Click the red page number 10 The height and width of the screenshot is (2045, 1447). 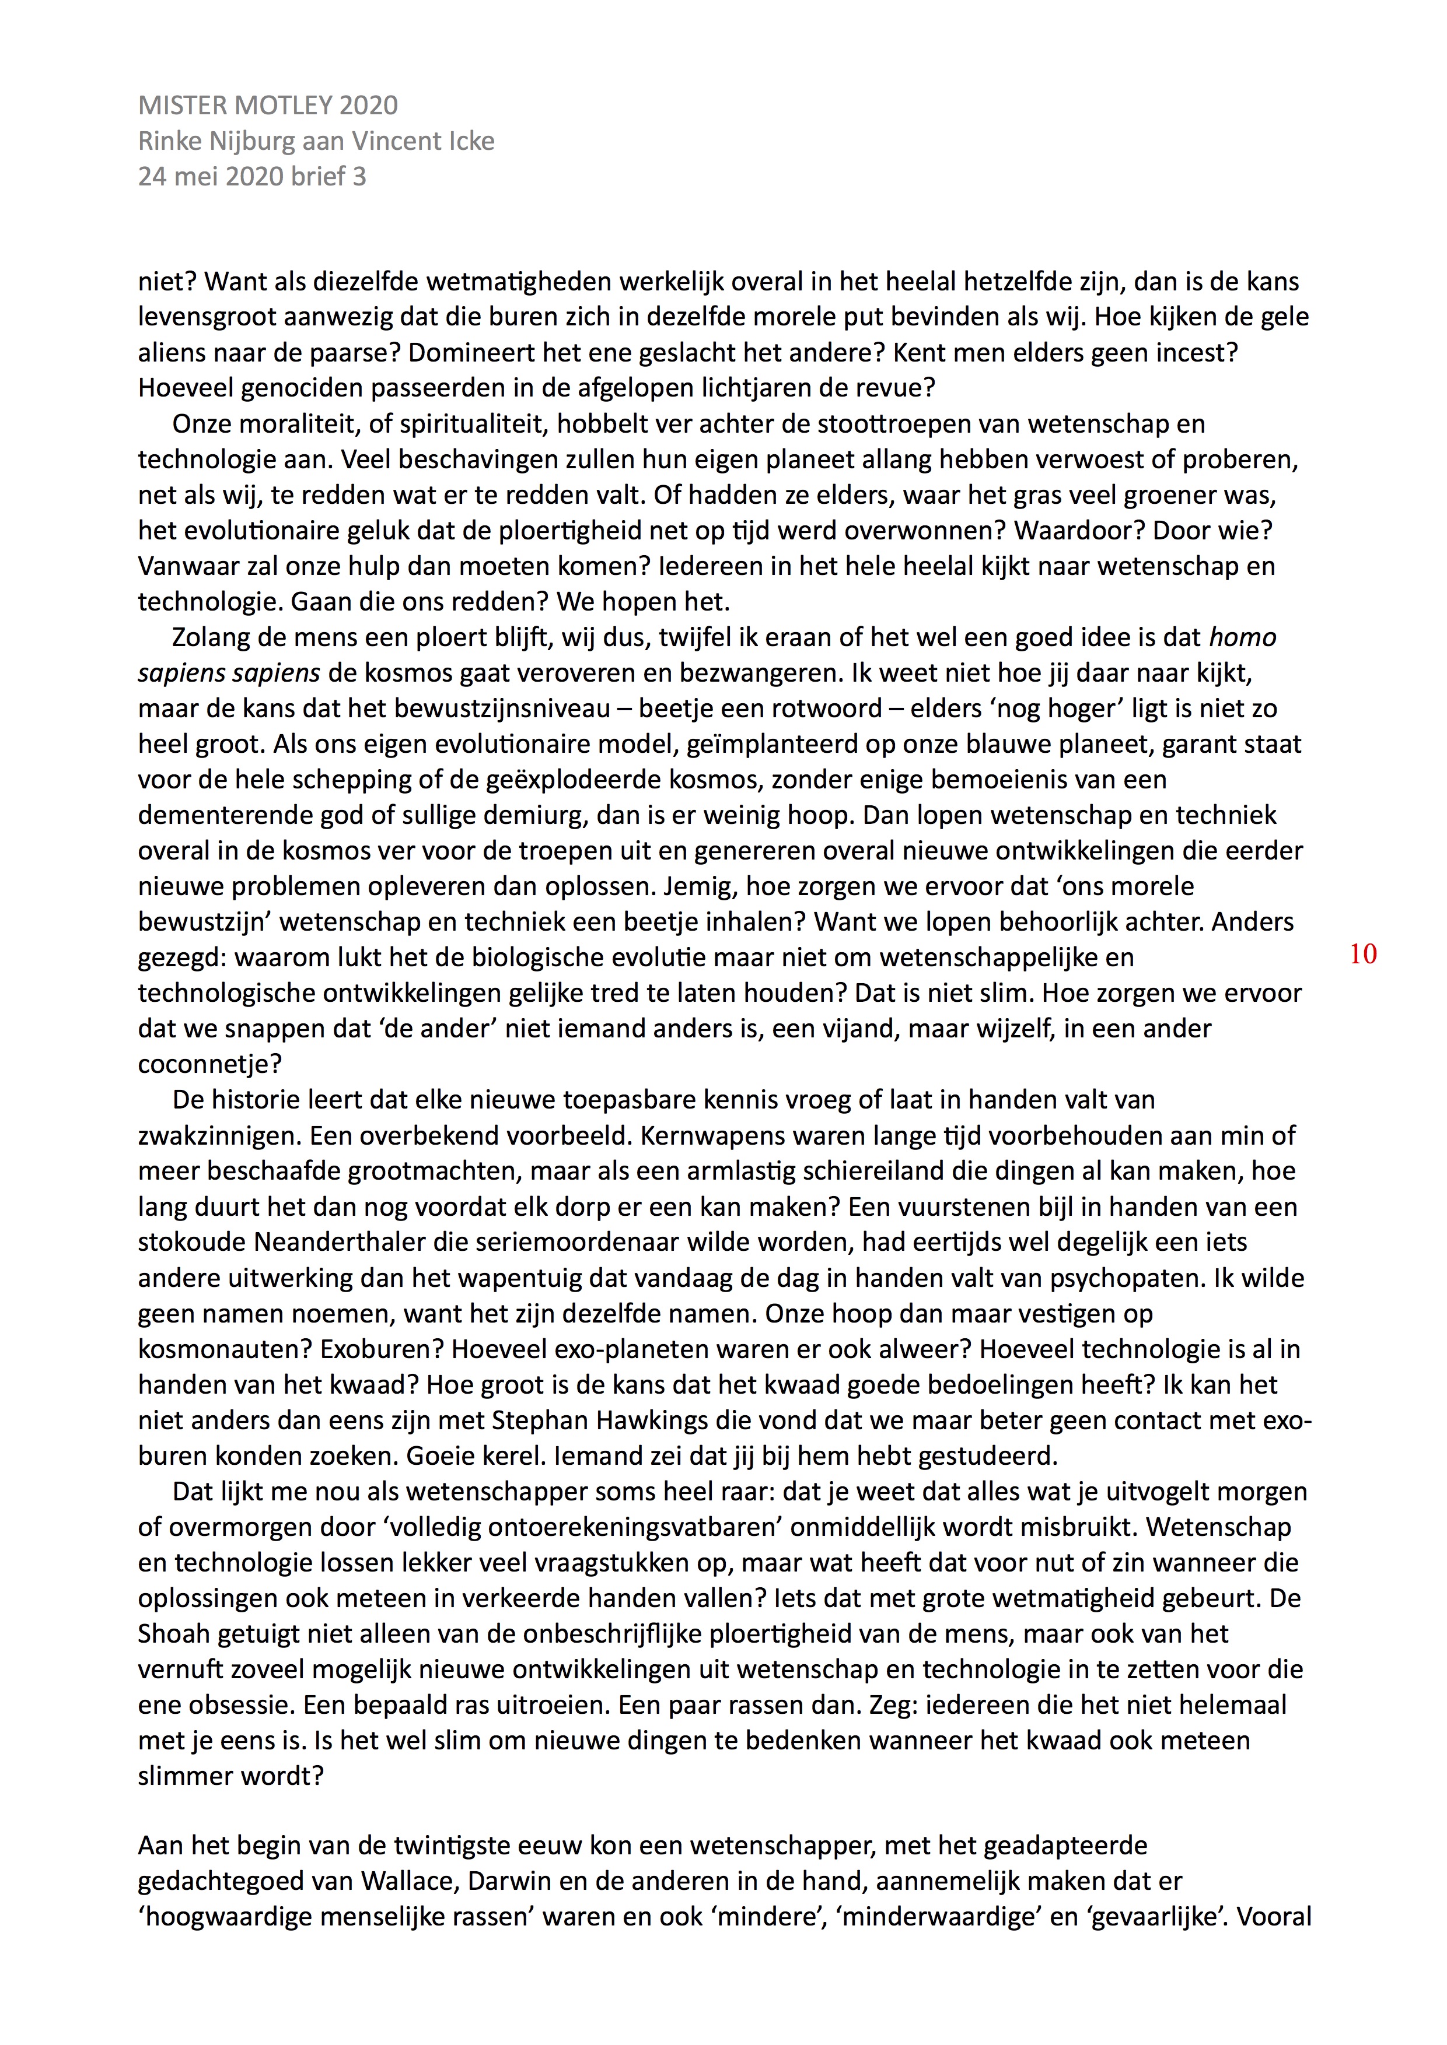1363,954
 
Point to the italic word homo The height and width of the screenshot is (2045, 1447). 1243,638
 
